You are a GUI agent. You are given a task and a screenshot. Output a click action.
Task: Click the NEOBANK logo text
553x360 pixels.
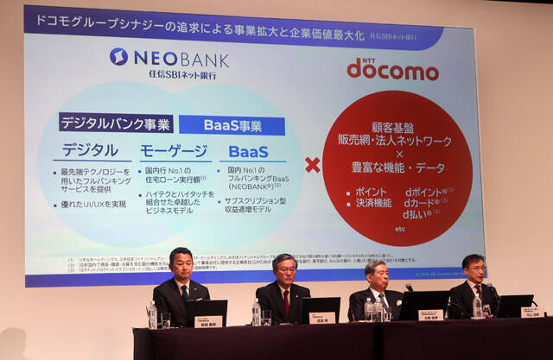[x=181, y=58]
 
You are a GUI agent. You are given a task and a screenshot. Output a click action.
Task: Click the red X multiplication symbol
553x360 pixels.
[x=312, y=165]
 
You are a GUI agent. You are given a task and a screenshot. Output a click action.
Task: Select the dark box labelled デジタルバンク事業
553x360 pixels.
[x=115, y=123]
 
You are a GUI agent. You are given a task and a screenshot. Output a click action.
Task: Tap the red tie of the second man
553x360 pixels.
[x=286, y=302]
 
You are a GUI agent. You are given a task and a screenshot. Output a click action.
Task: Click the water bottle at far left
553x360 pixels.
[x=152, y=314]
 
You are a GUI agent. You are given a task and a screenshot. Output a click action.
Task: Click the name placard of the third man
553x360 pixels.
[x=430, y=315]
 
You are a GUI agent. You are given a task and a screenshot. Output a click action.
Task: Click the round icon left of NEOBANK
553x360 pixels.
[x=118, y=57]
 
